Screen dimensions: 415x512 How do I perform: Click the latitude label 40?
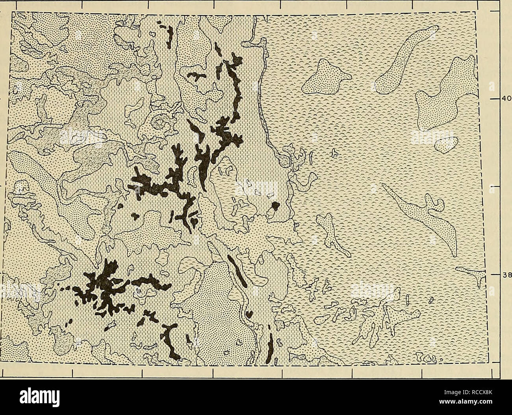coord(505,99)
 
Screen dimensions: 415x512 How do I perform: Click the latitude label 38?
coord(505,275)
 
